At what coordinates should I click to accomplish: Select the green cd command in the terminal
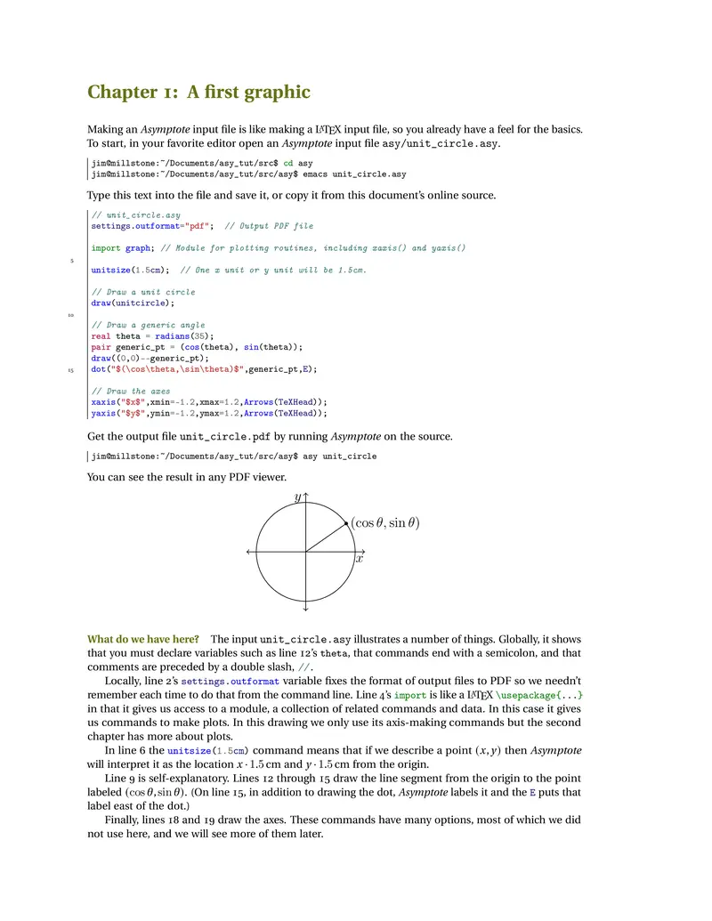[288, 164]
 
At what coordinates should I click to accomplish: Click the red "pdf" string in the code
[196, 226]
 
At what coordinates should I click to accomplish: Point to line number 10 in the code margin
[71, 315]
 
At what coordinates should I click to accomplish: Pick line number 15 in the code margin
[71, 370]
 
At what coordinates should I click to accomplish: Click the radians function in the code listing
[173, 336]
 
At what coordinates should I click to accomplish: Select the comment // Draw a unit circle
[143, 292]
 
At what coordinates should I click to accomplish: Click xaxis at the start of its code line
[103, 402]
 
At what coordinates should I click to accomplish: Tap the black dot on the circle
[346, 523]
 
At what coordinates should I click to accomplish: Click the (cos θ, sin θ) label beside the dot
[384, 523]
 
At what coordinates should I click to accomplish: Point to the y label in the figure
[297, 498]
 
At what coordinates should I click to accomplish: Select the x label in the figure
[360, 559]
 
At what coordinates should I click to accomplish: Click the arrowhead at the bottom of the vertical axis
[305, 610]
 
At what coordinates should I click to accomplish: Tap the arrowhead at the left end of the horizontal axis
[248, 552]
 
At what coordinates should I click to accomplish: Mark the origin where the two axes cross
[305, 552]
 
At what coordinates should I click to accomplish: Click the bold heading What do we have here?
[142, 639]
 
